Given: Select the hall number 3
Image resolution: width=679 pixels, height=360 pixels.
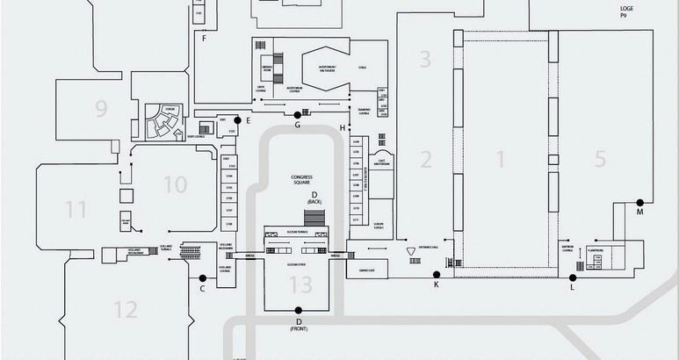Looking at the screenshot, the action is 425,60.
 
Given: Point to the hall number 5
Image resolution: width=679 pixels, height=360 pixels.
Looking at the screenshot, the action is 600,159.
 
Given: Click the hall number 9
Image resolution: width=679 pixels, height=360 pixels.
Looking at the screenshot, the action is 101,109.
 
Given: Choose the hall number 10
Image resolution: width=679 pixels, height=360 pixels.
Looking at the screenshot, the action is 176,184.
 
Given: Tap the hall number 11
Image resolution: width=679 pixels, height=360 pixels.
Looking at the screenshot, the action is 76,209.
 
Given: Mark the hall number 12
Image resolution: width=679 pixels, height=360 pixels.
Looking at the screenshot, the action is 126,309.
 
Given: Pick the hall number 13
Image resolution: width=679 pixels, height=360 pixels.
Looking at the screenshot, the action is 300,284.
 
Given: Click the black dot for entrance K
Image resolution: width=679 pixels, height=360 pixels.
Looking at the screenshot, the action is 437,275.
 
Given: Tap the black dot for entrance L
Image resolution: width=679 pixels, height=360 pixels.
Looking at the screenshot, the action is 572,275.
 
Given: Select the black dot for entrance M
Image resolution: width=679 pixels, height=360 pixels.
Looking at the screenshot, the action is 639,202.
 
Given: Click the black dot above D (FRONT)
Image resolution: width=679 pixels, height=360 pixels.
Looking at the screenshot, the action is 299,309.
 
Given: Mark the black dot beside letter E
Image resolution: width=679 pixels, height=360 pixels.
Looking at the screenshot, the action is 236,119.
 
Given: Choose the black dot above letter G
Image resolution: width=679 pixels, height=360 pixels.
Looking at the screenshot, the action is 298,114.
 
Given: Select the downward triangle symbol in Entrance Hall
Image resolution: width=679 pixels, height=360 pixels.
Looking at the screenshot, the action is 411,251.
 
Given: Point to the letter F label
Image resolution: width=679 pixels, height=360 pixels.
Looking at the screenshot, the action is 203,39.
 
